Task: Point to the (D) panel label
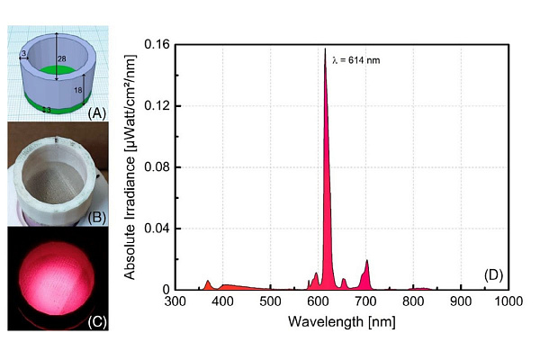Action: pyautogui.click(x=493, y=274)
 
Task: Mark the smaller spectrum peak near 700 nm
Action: pyautogui.click(x=367, y=261)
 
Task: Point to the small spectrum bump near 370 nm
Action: pyautogui.click(x=208, y=281)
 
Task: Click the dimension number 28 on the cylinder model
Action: pyautogui.click(x=62, y=58)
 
